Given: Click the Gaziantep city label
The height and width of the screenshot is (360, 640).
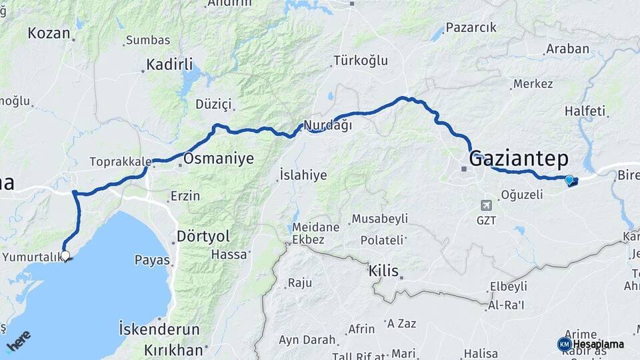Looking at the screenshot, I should (x=519, y=159).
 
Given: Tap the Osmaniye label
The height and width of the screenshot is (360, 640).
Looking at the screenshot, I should (x=219, y=159).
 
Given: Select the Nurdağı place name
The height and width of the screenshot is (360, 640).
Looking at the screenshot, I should (x=327, y=125).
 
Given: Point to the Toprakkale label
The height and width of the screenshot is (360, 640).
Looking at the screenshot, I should (x=121, y=161).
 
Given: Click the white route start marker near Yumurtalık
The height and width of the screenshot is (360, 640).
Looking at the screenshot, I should (x=65, y=255).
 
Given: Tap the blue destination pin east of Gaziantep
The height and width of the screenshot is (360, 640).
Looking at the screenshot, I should (x=569, y=179).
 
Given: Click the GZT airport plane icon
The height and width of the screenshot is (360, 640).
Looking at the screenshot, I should (x=486, y=205).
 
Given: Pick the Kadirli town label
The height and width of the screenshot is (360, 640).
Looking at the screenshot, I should (x=169, y=65).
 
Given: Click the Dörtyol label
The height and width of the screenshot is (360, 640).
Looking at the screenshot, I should (x=203, y=236).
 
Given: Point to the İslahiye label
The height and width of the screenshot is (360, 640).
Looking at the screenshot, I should (x=303, y=175).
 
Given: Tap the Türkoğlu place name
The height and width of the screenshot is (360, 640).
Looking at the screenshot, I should (x=360, y=61).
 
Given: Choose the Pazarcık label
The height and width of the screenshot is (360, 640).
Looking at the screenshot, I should (x=471, y=28).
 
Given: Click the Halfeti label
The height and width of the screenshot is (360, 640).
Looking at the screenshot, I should (x=585, y=111).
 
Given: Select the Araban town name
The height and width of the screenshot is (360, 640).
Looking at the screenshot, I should (x=567, y=49).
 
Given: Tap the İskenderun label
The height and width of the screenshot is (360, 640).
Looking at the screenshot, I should (x=159, y=329).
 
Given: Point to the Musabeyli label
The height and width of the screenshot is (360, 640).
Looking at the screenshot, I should (x=379, y=219).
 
